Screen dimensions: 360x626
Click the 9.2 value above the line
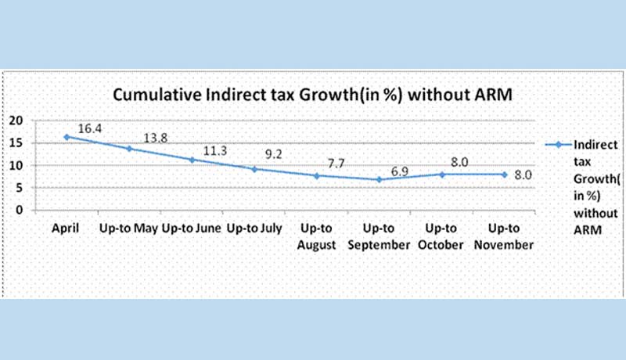[x=275, y=155]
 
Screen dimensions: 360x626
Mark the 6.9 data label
[x=400, y=169]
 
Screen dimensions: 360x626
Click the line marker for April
[x=67, y=137]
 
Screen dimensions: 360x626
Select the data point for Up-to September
[x=379, y=179]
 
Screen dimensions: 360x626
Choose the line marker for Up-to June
[x=191, y=160]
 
